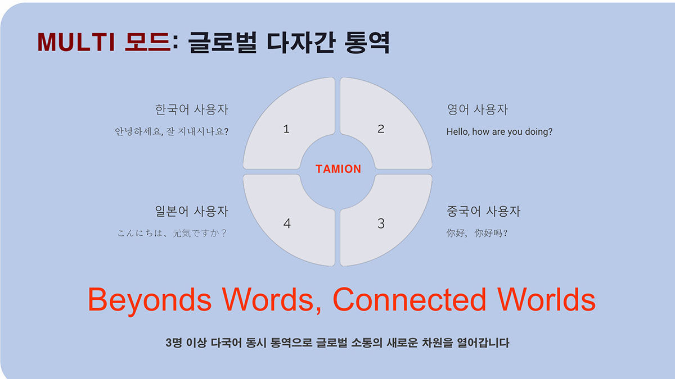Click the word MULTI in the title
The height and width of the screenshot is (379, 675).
point(76,42)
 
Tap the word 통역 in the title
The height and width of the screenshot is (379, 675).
point(367,43)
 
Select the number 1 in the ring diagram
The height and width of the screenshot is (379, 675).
point(286,129)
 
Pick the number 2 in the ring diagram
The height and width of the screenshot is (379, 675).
point(381,129)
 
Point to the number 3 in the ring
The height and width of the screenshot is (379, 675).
point(381,223)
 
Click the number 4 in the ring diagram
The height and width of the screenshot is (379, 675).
point(287,223)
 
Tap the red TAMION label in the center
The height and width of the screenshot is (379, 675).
point(338,169)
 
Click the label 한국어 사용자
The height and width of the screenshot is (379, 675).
point(192,109)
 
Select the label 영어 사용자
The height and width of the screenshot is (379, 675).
point(478,109)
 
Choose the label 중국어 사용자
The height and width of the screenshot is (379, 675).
point(483,211)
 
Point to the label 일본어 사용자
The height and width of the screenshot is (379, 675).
point(192,211)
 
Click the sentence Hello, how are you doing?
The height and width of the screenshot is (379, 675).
point(499,132)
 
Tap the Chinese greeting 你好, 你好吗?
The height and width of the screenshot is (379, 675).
point(477,233)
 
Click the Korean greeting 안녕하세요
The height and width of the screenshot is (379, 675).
point(138,131)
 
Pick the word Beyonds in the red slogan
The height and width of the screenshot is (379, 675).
point(150,300)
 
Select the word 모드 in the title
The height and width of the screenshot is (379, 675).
point(148,42)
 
